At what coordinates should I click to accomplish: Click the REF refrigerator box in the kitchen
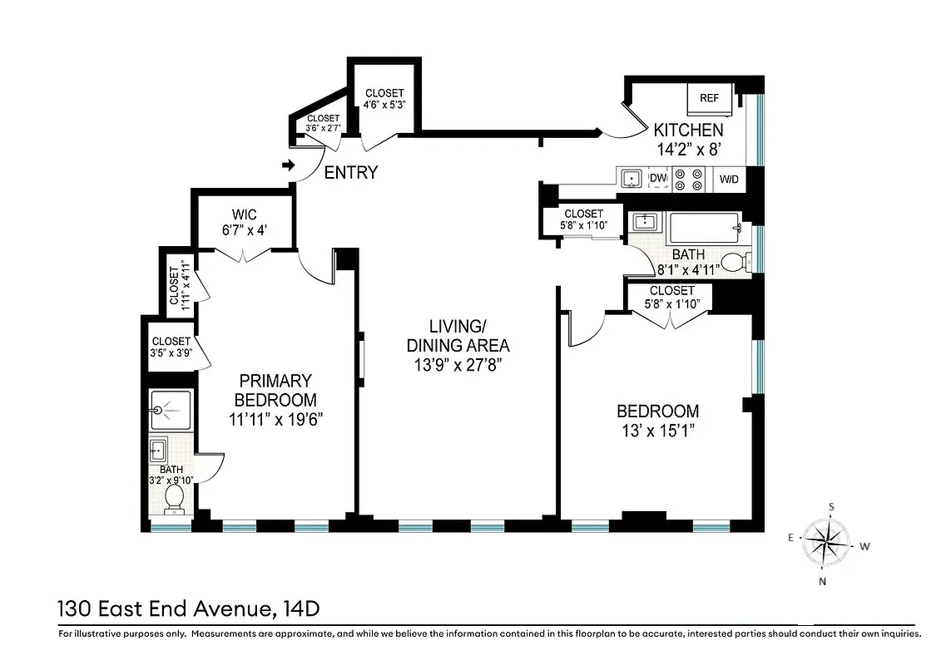coord(709,99)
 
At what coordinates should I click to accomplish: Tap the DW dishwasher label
coord(657,178)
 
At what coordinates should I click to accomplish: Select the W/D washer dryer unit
coord(729,179)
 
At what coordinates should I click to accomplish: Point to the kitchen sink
coord(630,179)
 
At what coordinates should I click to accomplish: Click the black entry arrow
coord(288,166)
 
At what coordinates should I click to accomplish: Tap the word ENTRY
coord(350,173)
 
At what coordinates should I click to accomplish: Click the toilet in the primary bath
coord(175,498)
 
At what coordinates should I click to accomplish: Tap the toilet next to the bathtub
coord(732,263)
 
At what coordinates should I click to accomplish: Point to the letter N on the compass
coord(822,581)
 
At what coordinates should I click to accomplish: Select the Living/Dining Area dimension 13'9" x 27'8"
coord(457,364)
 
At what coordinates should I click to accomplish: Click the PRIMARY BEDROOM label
coord(275,391)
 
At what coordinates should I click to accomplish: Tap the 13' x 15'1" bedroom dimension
coord(656,431)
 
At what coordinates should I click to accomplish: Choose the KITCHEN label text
coord(687,131)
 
